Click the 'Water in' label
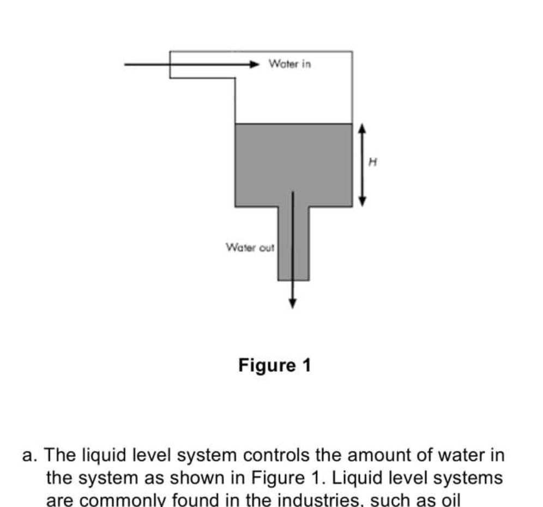pos(290,64)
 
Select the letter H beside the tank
pos(373,161)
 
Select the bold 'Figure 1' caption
pos(274,365)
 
